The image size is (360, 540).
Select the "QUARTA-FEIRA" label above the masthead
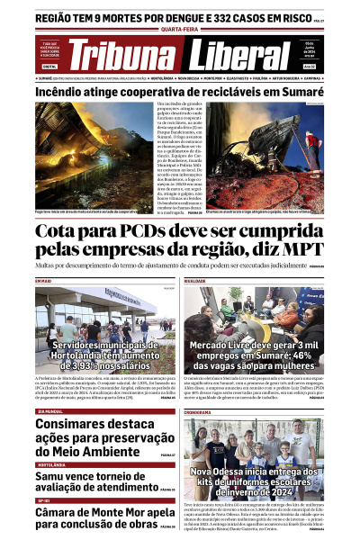point(180,29)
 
